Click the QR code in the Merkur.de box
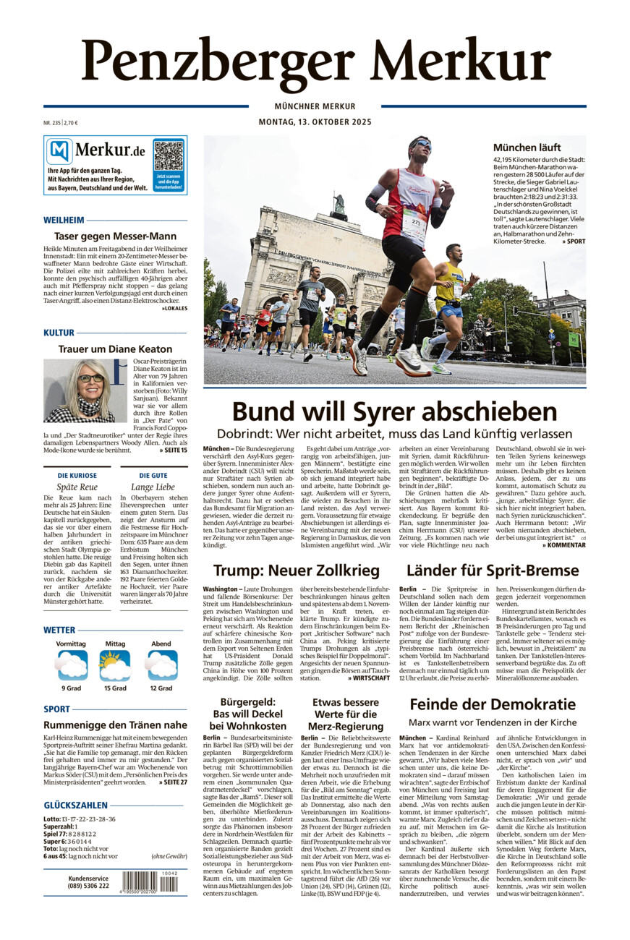[169, 155]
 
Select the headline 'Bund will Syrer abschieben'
[394, 411]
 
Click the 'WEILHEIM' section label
[64, 220]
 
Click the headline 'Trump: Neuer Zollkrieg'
[297, 571]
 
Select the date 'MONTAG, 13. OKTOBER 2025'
[315, 122]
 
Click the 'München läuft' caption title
[527, 148]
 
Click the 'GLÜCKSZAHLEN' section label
[76, 805]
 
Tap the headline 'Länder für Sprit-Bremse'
[492, 571]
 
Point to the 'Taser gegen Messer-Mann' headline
[115, 236]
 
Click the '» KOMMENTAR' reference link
[563, 544]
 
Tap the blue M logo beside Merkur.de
[60, 151]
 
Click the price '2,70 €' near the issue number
[71, 123]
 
